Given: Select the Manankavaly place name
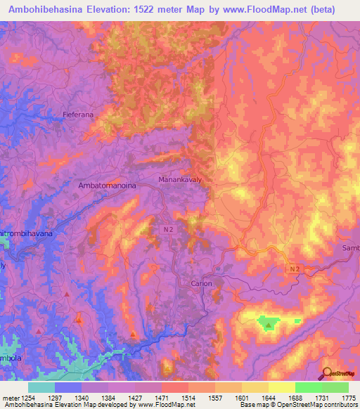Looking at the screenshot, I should click(180, 181).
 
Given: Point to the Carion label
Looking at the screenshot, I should click(201, 283).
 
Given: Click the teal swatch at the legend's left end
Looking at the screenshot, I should click(41, 387).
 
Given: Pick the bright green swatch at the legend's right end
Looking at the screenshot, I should click(335, 387).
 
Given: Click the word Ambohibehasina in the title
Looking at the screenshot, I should click(52, 9).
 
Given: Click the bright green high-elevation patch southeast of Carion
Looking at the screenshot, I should click(268, 323).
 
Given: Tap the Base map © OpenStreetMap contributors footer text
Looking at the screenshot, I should click(297, 405).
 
